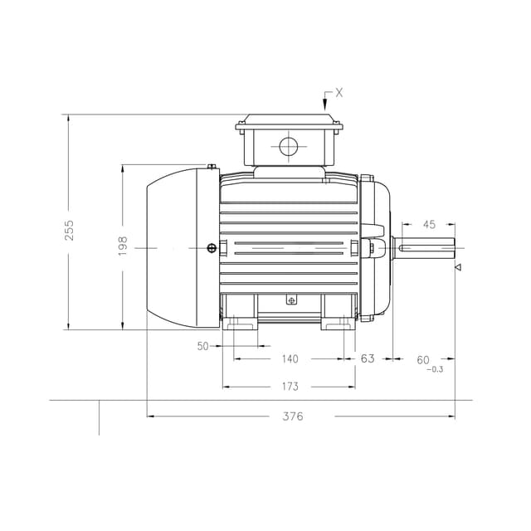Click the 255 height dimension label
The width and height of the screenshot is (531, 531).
coord(70,230)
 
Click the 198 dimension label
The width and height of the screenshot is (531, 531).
coord(122,246)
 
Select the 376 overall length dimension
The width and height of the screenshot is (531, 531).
coord(292,416)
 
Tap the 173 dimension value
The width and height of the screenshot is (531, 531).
coord(290,386)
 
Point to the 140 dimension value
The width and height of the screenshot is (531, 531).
coord(290,358)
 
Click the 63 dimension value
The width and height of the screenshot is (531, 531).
coord(368,358)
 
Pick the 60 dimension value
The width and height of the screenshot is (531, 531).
coord(423,359)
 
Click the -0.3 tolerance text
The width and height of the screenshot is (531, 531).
coord(434,369)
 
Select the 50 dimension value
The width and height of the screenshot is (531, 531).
coord(203,346)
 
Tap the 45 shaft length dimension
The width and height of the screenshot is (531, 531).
coord(429,224)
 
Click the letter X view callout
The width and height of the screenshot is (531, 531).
coord(339,93)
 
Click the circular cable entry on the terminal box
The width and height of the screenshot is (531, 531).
coord(288,148)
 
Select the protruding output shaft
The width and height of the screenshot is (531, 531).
coord(426,247)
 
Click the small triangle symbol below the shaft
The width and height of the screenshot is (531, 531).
coord(457,268)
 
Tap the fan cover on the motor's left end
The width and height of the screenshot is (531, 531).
coord(172,247)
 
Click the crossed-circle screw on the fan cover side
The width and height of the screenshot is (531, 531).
coord(212,247)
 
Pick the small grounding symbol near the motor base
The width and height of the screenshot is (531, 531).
coord(290,300)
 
